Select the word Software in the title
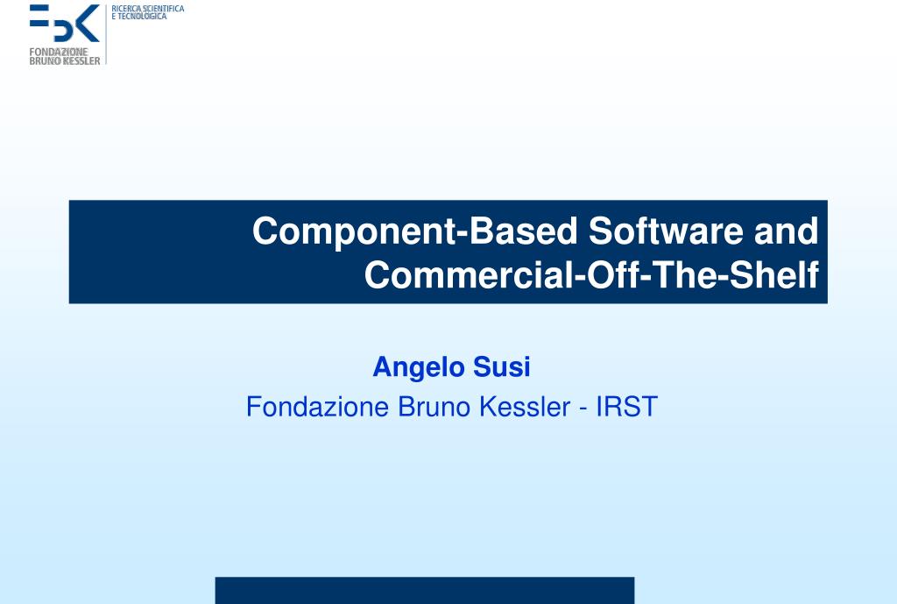pyautogui.click(x=666, y=231)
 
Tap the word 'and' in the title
pyautogui.click(x=786, y=231)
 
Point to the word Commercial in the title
pyautogui.click(x=468, y=274)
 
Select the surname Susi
pyautogui.click(x=502, y=367)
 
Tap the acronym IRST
pyautogui.click(x=626, y=407)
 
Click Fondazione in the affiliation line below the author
pyautogui.click(x=317, y=407)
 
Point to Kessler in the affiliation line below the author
pyautogui.click(x=525, y=407)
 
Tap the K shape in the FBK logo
pyautogui.click(x=88, y=24)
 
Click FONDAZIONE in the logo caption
pyautogui.click(x=59, y=52)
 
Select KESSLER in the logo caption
pyautogui.click(x=81, y=60)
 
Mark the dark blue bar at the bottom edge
pyautogui.click(x=425, y=590)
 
